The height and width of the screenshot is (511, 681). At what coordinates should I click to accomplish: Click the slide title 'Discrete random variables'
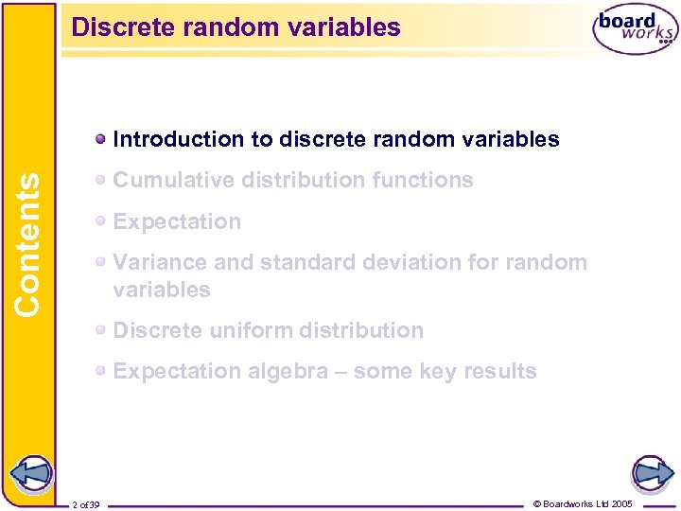pyautogui.click(x=236, y=27)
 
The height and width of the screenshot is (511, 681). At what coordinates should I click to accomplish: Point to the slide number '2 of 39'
pyautogui.click(x=91, y=504)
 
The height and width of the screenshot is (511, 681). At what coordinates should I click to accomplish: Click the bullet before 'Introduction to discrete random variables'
pyautogui.click(x=100, y=140)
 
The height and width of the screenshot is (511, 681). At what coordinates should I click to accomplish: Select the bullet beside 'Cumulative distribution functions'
pyautogui.click(x=100, y=181)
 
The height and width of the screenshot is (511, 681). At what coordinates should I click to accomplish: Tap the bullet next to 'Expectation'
pyautogui.click(x=100, y=222)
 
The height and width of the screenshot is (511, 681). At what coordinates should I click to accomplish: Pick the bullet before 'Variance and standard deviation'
pyautogui.click(x=100, y=263)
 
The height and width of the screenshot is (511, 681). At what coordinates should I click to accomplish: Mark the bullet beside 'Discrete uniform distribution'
pyautogui.click(x=100, y=331)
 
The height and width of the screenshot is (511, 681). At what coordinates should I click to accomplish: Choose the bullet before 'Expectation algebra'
pyautogui.click(x=100, y=372)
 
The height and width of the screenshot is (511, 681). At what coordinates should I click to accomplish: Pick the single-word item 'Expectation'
pyautogui.click(x=177, y=221)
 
